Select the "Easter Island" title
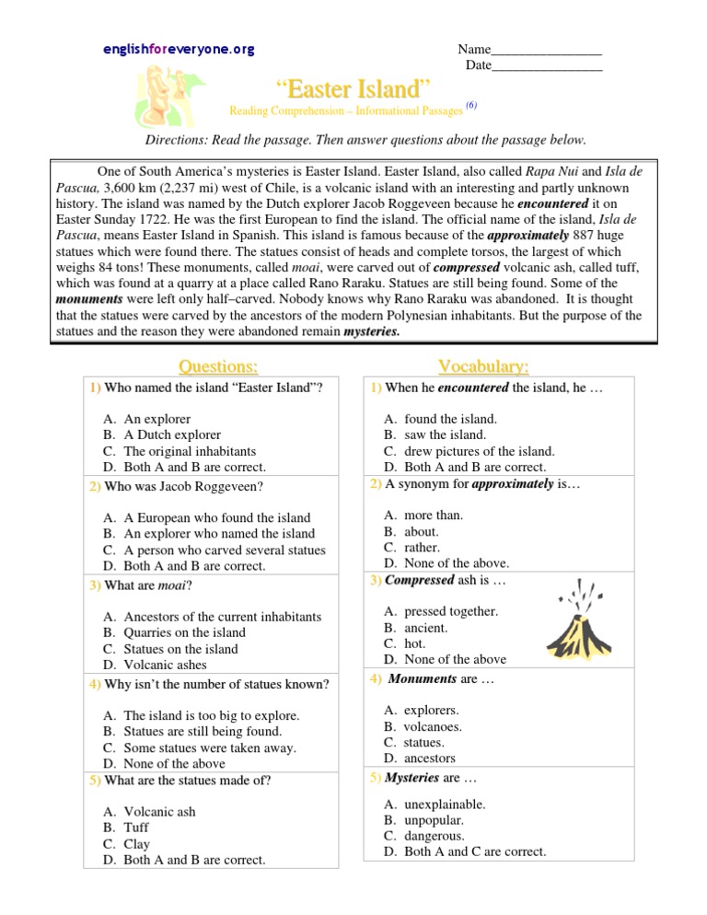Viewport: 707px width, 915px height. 353,89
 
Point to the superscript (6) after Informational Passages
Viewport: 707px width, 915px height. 470,106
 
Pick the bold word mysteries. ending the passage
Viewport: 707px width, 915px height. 371,330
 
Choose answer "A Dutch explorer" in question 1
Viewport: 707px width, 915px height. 172,434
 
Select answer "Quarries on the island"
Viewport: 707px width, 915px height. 184,632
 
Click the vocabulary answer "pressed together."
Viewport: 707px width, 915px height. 451,610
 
